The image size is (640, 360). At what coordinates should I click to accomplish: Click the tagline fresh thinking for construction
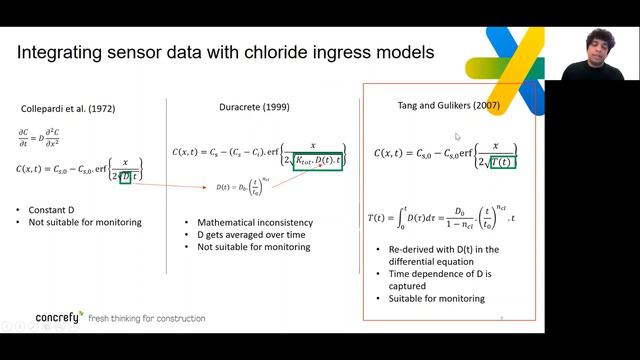146,318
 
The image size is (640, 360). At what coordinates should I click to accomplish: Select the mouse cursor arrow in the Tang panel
457,136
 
